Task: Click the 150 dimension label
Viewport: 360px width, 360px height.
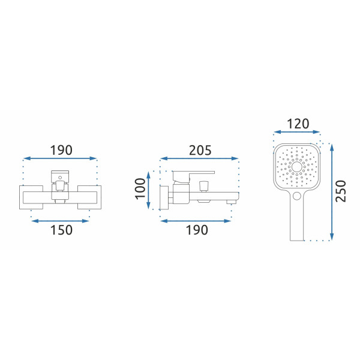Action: coord(61,230)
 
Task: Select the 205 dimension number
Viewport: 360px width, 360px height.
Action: coord(200,151)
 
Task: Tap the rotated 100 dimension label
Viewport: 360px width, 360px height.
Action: coord(140,189)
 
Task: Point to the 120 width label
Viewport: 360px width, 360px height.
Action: coord(298,124)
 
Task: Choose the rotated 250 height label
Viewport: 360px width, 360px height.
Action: coord(341,191)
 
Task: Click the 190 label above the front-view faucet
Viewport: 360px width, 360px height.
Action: coord(61,151)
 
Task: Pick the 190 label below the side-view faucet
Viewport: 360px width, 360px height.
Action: coord(197,230)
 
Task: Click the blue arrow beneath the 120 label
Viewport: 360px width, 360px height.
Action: coord(297,132)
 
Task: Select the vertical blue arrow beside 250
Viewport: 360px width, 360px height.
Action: coord(332,192)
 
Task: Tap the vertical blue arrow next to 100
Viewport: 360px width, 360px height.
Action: coord(149,190)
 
